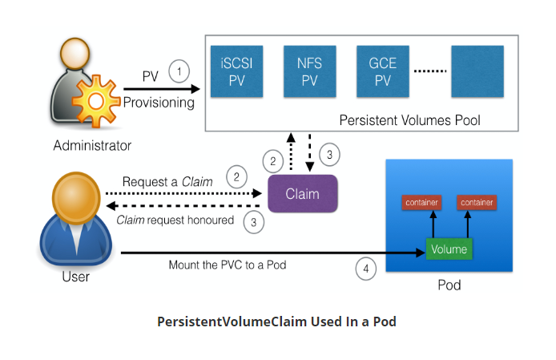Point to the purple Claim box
[302, 193]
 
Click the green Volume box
[449, 249]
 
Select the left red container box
[421, 202]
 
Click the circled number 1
[180, 71]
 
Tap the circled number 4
[366, 269]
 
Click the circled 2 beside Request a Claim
[236, 175]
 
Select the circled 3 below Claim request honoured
[254, 223]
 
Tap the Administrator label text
[92, 146]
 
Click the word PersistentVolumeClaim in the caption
[228, 322]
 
